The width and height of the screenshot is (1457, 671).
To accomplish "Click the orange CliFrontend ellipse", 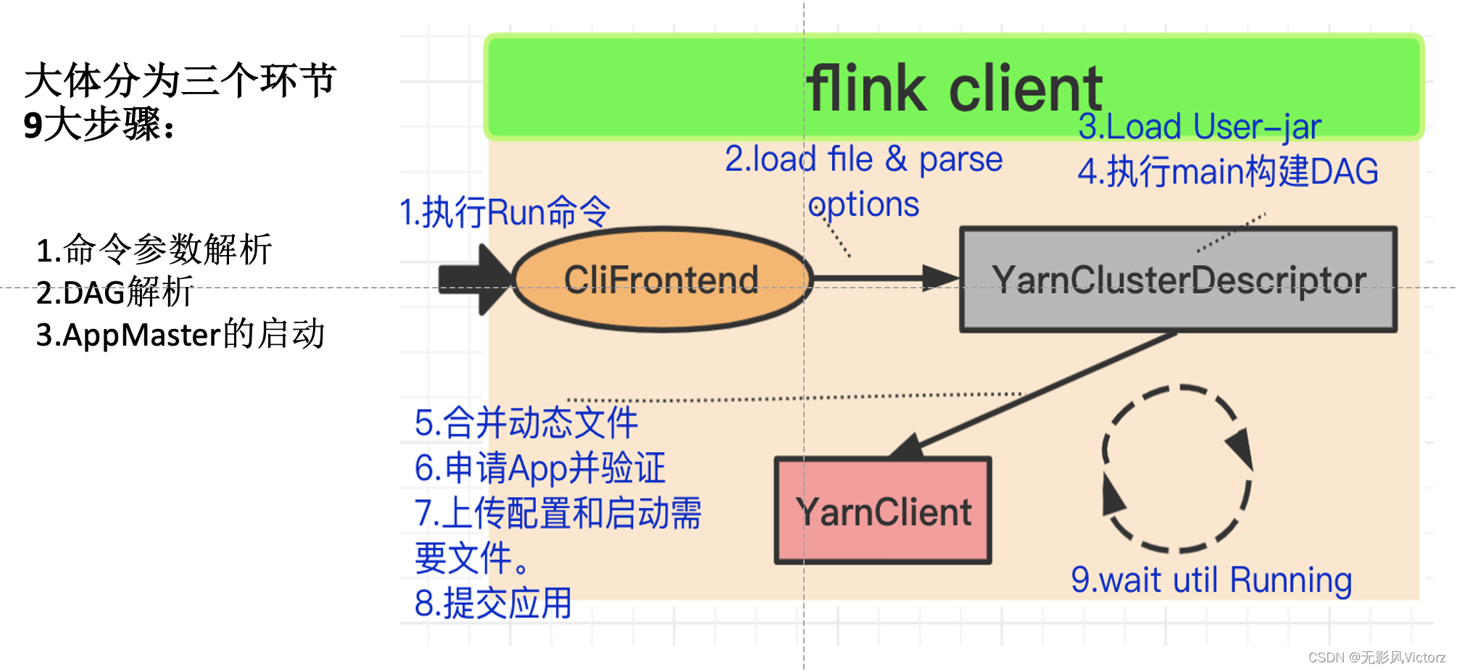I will [661, 280].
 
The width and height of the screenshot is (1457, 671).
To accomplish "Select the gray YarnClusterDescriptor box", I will [1178, 280].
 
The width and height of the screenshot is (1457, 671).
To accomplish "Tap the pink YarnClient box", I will [883, 512].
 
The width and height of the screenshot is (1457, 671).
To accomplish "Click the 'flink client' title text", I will [954, 88].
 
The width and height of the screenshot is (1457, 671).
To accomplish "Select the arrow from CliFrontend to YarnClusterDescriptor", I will [884, 278].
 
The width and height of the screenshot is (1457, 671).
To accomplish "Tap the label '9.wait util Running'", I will [1211, 580].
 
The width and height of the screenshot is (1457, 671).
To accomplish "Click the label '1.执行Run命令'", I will [505, 212].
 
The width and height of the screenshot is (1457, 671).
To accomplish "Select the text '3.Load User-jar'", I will [1199, 127].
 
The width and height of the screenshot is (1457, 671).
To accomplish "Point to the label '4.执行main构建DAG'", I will [1228, 172].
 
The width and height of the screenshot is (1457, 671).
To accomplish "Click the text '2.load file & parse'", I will [863, 159].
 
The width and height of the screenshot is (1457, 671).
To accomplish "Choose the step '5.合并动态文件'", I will [526, 422].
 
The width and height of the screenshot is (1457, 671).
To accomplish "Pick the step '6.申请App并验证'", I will [539, 468].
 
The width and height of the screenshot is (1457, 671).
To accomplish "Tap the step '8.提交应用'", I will [493, 603].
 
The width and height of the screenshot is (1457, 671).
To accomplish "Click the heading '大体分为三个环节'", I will [180, 80].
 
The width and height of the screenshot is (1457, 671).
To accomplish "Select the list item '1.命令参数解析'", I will [154, 250].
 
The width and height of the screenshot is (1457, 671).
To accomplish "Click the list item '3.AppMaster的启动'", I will [180, 335].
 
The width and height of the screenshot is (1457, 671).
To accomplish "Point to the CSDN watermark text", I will [1376, 657].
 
